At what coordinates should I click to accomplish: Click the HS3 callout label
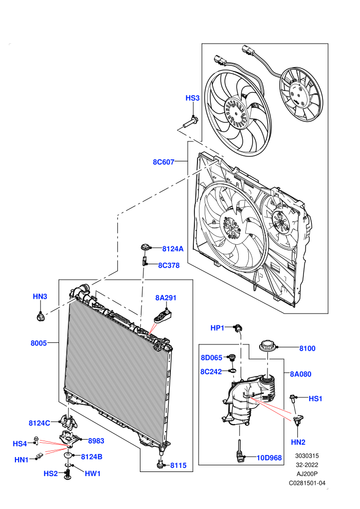[x=192, y=98]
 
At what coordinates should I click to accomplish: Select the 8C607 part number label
[x=164, y=162]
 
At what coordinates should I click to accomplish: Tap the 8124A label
[x=173, y=249]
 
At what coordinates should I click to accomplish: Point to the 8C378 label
[x=169, y=265]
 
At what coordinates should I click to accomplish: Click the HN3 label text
[x=40, y=296]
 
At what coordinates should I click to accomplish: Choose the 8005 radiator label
[x=39, y=343]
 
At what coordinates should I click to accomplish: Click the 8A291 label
[x=166, y=298]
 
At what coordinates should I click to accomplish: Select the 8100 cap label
[x=307, y=348]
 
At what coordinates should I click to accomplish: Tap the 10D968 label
[x=269, y=458]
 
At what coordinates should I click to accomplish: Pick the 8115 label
[x=178, y=465]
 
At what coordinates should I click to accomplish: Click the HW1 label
[x=93, y=474]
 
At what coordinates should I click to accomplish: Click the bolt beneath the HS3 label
[x=191, y=122]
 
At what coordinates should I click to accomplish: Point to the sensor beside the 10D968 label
[x=240, y=452]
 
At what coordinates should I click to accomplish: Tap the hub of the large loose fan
[x=237, y=113]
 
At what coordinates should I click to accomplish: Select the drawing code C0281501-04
[x=307, y=483]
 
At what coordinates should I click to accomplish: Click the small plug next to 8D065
[x=231, y=357]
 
